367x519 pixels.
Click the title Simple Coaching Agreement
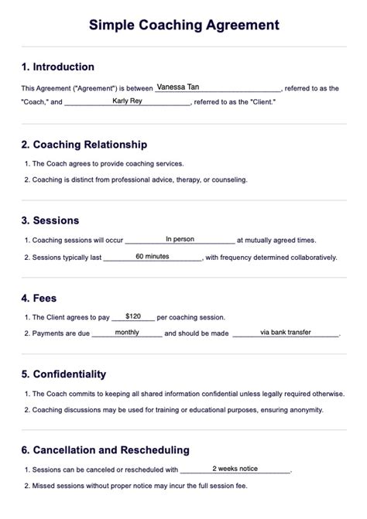(183, 26)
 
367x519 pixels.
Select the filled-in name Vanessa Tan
(177, 87)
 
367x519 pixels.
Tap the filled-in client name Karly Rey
(127, 101)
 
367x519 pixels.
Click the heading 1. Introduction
(58, 67)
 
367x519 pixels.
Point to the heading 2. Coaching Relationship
(84, 145)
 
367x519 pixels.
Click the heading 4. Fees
(39, 297)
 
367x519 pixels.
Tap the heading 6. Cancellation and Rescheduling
(105, 449)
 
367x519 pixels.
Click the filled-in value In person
(180, 239)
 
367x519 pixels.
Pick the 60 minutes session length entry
(152, 255)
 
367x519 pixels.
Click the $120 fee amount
(133, 316)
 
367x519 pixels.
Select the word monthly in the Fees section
(127, 332)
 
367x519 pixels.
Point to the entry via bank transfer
(286, 332)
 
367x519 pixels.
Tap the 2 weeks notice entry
(235, 468)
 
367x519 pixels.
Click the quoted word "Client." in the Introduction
(259, 102)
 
